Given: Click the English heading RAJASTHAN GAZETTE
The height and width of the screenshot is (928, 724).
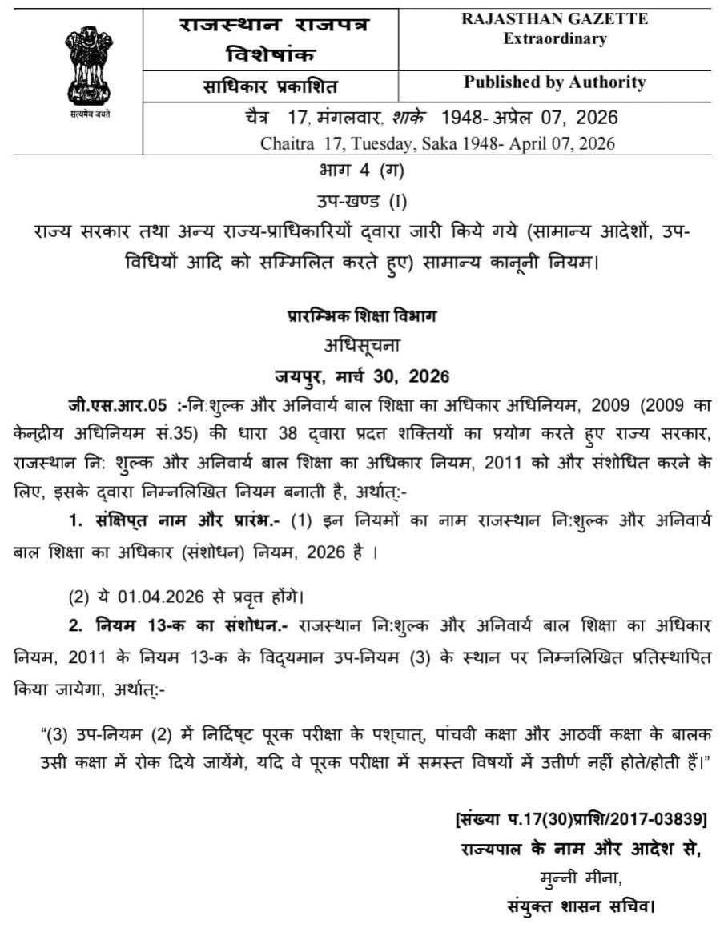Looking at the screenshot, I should [554, 20].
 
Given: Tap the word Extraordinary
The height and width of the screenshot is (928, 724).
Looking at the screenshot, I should [554, 39].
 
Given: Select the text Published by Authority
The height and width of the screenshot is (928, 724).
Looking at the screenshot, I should [554, 82].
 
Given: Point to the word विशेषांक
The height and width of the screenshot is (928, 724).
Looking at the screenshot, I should [271, 54].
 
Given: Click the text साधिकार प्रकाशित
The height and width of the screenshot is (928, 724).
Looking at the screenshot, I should [271, 86].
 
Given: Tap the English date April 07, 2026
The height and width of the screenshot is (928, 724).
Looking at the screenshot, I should [568, 144].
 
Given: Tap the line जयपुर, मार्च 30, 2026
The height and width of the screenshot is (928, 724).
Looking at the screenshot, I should [361, 376].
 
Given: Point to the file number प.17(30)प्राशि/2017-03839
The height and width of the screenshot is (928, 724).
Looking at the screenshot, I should [587, 819].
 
